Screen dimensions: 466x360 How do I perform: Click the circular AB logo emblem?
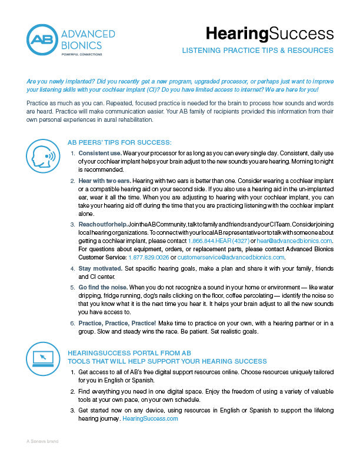pos(41,40)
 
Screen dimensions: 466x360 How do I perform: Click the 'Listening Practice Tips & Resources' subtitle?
pos(258,51)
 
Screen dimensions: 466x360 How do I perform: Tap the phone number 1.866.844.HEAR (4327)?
pos(218,241)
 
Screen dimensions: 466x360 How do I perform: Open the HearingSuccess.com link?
pos(150,418)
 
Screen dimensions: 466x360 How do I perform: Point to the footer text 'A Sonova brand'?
pos(42,441)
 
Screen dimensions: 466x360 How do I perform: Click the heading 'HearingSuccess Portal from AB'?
pos(130,352)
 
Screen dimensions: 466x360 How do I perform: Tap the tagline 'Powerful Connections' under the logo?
pos(81,54)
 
